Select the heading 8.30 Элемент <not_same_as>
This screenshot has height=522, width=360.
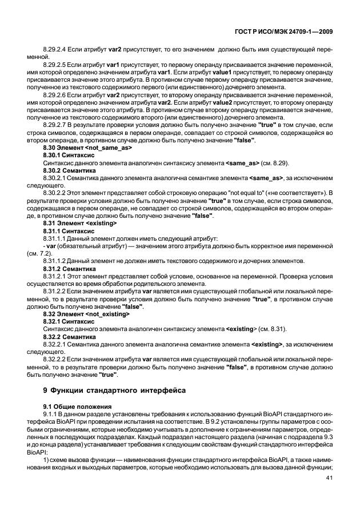point(87,148)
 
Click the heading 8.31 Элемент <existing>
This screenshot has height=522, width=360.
point(80,224)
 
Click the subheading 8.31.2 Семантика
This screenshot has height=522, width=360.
point(70,268)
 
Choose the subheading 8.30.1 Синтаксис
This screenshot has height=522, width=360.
point(69,156)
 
